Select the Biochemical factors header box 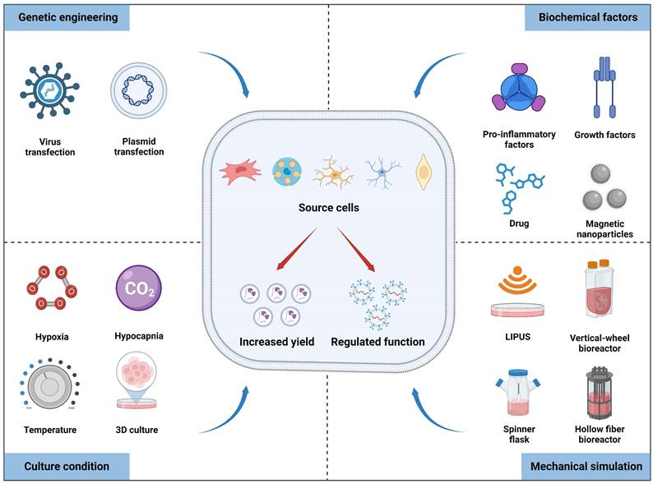586,16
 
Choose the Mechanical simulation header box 586,466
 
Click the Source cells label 328,207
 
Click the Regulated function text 377,342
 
